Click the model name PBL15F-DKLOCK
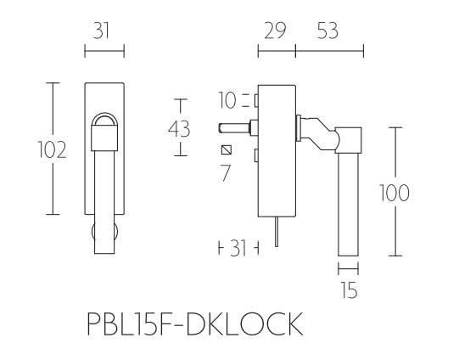tap(193, 325)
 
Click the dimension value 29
tap(272, 31)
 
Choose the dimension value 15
tap(347, 289)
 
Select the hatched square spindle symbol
tap(226, 151)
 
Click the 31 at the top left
tap(103, 31)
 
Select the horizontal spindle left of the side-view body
tap(236, 129)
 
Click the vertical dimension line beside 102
tap(57, 149)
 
